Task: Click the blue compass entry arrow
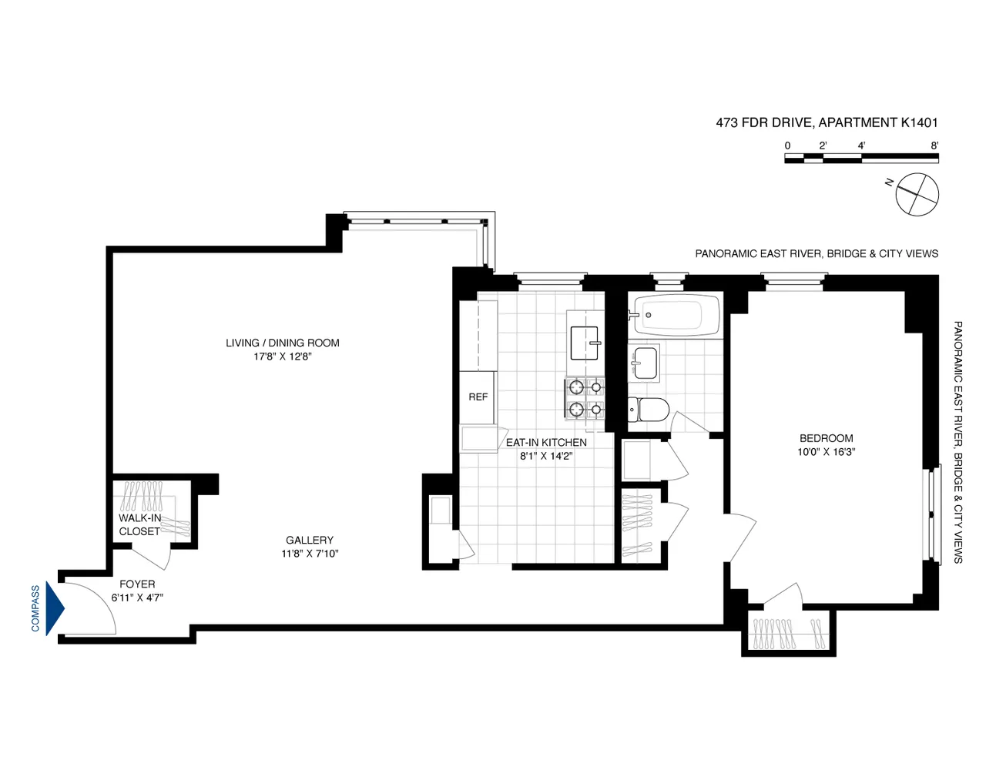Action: [x=55, y=608]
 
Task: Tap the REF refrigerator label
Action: [x=478, y=397]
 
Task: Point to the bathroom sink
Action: [x=646, y=363]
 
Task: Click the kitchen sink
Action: [x=585, y=343]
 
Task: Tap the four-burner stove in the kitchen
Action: [x=585, y=398]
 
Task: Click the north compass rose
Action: [x=917, y=195]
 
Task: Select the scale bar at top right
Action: [x=861, y=159]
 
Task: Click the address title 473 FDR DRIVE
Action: [x=827, y=122]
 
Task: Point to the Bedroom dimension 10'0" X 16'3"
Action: [x=826, y=452]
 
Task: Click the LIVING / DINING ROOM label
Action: [x=282, y=343]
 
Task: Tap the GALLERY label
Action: [x=310, y=541]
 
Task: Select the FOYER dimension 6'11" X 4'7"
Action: [x=137, y=598]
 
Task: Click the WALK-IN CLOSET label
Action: [x=139, y=525]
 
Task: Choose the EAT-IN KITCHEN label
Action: [x=546, y=442]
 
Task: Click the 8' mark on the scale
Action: [x=934, y=146]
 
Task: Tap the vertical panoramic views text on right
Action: [x=958, y=442]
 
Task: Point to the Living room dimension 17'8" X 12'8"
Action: [x=282, y=357]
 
